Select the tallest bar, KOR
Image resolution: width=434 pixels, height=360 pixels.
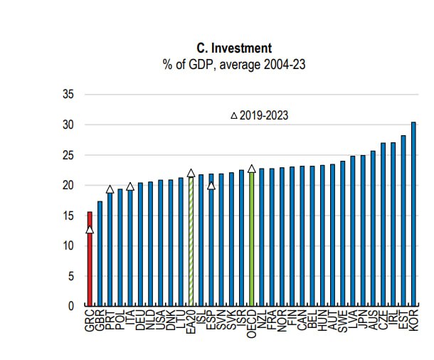tap(413, 213)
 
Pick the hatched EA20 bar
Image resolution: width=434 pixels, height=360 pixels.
tap(191, 242)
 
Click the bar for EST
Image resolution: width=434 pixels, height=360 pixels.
tap(403, 221)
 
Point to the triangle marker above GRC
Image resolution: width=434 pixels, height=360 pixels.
tap(90, 229)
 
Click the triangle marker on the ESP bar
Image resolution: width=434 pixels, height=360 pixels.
tap(211, 186)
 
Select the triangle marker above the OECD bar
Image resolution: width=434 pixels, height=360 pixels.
tap(252, 169)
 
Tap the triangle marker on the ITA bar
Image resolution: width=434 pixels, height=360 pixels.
tap(130, 186)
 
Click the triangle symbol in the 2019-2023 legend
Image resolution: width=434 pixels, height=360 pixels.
tap(234, 115)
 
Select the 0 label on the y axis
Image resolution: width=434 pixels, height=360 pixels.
tap(71, 307)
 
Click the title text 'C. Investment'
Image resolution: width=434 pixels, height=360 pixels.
tap(234, 49)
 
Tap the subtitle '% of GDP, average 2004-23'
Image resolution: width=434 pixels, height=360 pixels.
tap(234, 65)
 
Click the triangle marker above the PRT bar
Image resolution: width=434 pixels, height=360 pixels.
tap(110, 189)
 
